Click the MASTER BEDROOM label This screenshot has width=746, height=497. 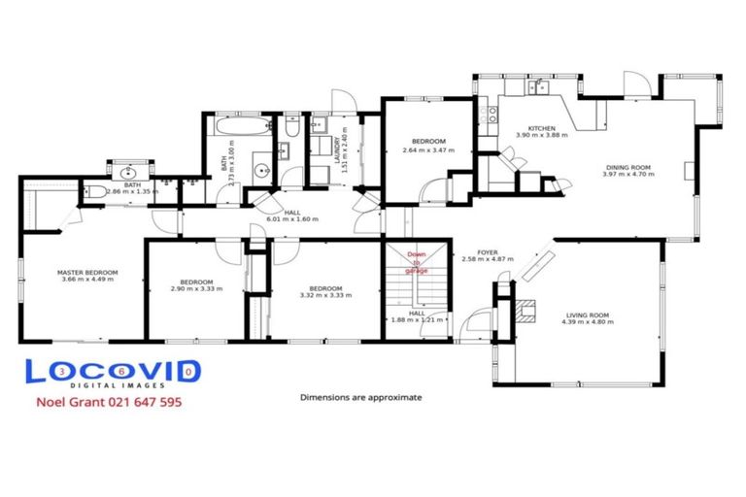click(87, 272)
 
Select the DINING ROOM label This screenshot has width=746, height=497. click(628, 167)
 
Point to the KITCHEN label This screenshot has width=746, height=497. click(541, 128)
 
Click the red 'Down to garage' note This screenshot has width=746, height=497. click(416, 261)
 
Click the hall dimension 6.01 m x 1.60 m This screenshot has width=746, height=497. click(291, 219)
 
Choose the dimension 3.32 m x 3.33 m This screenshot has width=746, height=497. click(324, 296)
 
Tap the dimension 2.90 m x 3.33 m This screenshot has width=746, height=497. click(191, 289)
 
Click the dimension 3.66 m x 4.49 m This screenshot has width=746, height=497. click(87, 280)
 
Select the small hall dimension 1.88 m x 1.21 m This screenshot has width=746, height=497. click(416, 319)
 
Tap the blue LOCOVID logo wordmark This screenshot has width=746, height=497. click(113, 372)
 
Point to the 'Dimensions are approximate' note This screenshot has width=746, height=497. click(361, 397)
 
